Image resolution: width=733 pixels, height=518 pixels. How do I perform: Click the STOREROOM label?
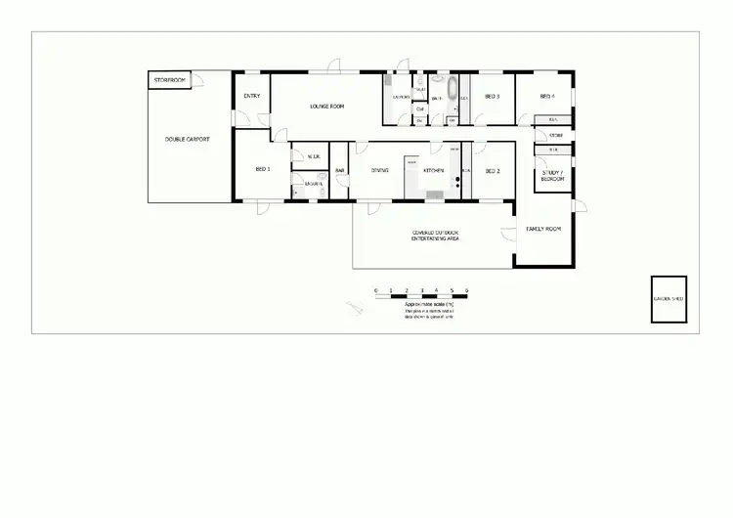[170, 79]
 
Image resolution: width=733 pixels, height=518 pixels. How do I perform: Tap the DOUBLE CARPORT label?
[187, 140]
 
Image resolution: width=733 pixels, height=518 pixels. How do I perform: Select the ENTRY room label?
[251, 96]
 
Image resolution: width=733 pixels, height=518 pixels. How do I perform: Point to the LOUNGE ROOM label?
[327, 105]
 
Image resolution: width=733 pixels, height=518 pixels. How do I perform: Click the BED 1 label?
[262, 169]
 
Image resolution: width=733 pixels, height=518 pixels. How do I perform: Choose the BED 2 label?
[493, 170]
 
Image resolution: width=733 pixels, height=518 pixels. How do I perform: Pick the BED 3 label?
[493, 97]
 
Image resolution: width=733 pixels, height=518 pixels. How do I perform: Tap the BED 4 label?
[548, 97]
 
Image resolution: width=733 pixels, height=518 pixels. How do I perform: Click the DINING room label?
[380, 170]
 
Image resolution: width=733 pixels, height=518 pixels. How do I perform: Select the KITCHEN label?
[434, 170]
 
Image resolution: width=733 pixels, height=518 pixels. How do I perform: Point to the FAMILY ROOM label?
[543, 229]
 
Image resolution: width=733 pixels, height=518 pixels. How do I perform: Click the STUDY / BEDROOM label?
[553, 177]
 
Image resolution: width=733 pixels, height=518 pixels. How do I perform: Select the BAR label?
[340, 171]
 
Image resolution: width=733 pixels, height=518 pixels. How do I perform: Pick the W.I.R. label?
[314, 156]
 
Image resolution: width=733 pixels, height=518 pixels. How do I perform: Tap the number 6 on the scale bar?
[466, 290]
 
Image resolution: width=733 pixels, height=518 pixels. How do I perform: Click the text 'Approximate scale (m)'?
[428, 304]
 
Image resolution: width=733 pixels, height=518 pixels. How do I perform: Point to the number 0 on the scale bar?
[376, 290]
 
